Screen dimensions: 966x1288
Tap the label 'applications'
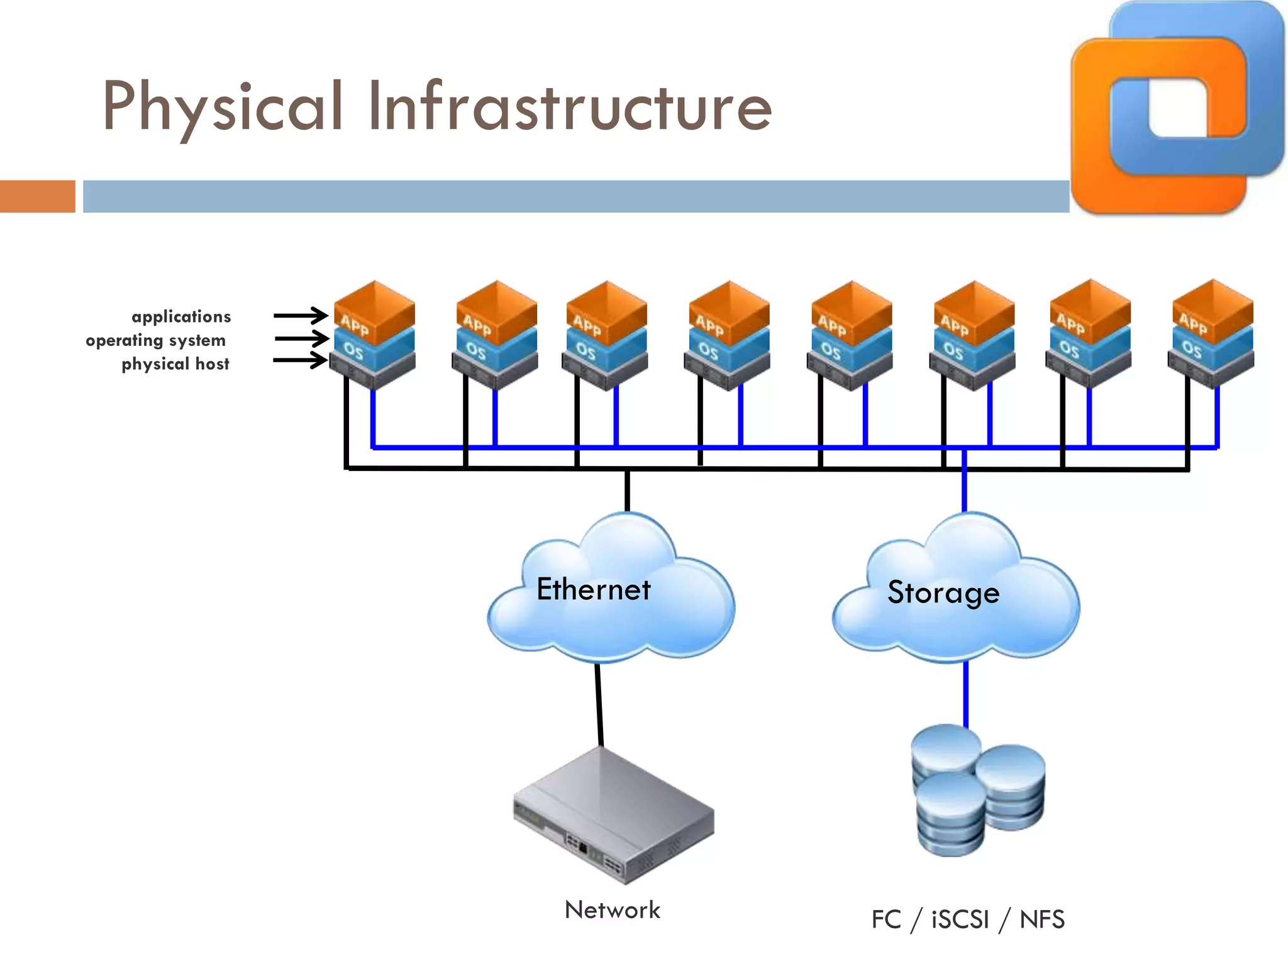(x=181, y=316)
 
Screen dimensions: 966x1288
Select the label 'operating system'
(x=155, y=340)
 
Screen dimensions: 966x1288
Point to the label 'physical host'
(x=175, y=364)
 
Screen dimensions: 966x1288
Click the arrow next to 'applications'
(x=301, y=315)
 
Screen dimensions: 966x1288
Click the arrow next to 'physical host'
(x=301, y=360)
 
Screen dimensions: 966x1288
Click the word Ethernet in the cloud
(x=594, y=589)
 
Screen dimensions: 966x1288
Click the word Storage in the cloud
(x=943, y=592)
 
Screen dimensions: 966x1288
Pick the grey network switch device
(x=613, y=814)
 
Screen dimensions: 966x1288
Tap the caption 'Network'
(x=613, y=910)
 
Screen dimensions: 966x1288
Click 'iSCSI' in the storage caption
(x=960, y=919)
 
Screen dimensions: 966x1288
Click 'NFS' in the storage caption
(x=1042, y=919)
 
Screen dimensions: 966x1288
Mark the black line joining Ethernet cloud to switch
(x=599, y=704)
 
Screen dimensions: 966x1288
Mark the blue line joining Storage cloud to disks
(x=966, y=695)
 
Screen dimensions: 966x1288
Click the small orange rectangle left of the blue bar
(x=38, y=196)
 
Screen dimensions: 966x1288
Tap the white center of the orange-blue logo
(x=1178, y=107)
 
